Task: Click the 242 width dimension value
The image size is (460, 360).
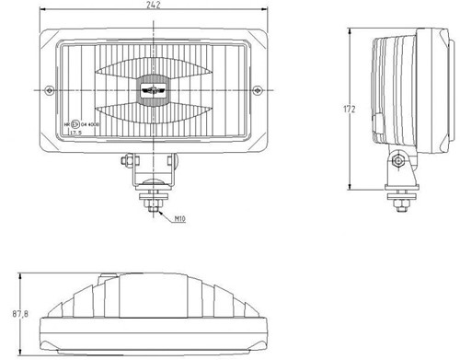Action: click(153, 6)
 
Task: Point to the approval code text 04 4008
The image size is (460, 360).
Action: click(90, 122)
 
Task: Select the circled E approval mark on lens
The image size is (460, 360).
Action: click(75, 122)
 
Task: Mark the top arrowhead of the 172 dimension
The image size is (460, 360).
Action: click(354, 29)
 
